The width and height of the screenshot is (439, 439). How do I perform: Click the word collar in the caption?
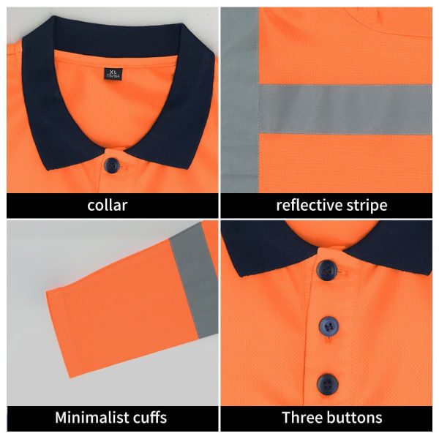(107, 205)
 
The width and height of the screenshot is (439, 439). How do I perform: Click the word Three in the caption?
(302, 418)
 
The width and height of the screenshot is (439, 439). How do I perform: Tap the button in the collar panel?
(112, 164)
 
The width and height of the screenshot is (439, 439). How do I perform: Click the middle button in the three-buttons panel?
(329, 325)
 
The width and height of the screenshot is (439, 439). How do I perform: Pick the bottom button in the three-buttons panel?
(327, 382)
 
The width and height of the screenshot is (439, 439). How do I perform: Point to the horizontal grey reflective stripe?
(344, 108)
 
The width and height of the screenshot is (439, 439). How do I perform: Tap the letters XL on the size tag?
(112, 71)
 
